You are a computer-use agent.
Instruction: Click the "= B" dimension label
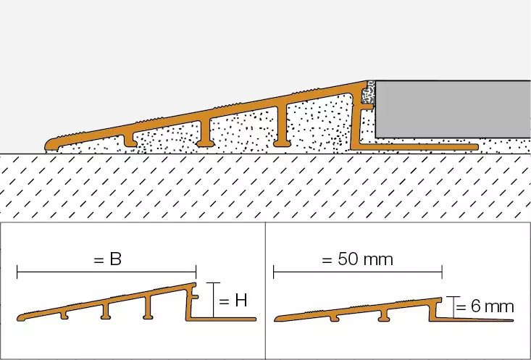coord(107,259)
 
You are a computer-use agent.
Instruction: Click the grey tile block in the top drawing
coord(449,109)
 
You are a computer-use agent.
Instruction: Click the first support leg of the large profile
coord(130,138)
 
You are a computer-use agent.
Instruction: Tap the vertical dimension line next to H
coord(212,299)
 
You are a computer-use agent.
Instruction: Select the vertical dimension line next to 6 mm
coord(453,307)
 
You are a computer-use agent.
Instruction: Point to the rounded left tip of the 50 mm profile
coord(279,319)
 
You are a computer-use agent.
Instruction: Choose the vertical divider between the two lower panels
coord(266,290)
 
